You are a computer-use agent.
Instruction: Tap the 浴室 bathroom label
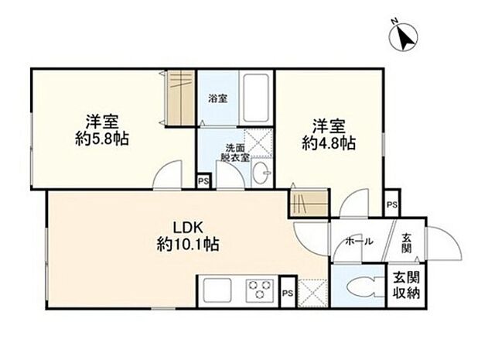coord(217,98)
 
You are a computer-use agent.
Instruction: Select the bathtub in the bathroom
coord(256,98)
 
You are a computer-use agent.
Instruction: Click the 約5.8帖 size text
coord(102,139)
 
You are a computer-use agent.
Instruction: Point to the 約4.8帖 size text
coord(329,143)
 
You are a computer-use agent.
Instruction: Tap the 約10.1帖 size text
coord(188,244)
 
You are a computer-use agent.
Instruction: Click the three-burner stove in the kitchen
coord(260,289)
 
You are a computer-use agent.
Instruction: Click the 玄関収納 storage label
coord(406,286)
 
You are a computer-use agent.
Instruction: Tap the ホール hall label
coord(359,242)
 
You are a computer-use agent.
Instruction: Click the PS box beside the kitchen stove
coord(288,293)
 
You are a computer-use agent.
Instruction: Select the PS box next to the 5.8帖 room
coord(203,181)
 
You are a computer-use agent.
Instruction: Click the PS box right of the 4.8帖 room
coord(392,204)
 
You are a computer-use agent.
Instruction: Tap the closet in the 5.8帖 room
coord(180,98)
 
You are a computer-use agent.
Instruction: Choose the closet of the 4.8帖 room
coord(309,203)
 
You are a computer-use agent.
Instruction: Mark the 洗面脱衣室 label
coord(235,153)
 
